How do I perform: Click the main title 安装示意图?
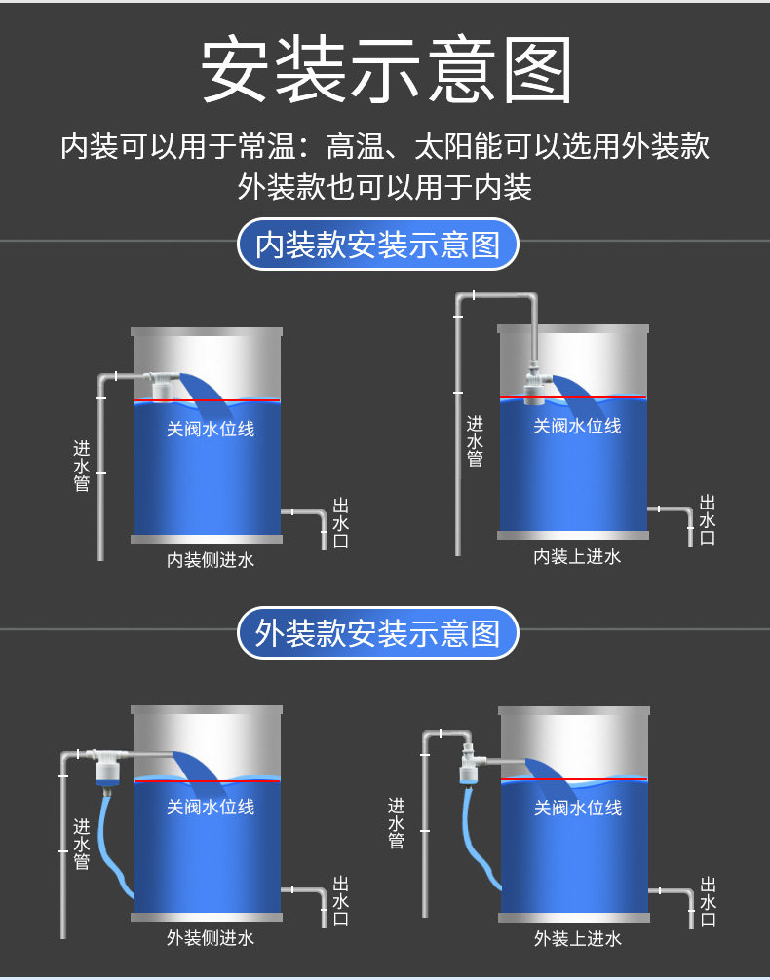pyautogui.click(x=385, y=70)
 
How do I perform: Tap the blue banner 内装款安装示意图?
pyautogui.click(x=377, y=245)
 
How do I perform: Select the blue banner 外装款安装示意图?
pyautogui.click(x=377, y=634)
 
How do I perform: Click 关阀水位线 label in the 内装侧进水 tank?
pyautogui.click(x=211, y=428)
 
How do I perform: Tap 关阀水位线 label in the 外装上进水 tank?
pyautogui.click(x=577, y=808)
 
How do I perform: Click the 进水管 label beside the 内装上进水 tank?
pyautogui.click(x=475, y=440)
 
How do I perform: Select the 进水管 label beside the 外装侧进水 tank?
pyautogui.click(x=82, y=843)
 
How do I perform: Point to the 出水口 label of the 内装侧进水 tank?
pyautogui.click(x=340, y=523)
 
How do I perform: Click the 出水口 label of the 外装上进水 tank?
pyautogui.click(x=708, y=901)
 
